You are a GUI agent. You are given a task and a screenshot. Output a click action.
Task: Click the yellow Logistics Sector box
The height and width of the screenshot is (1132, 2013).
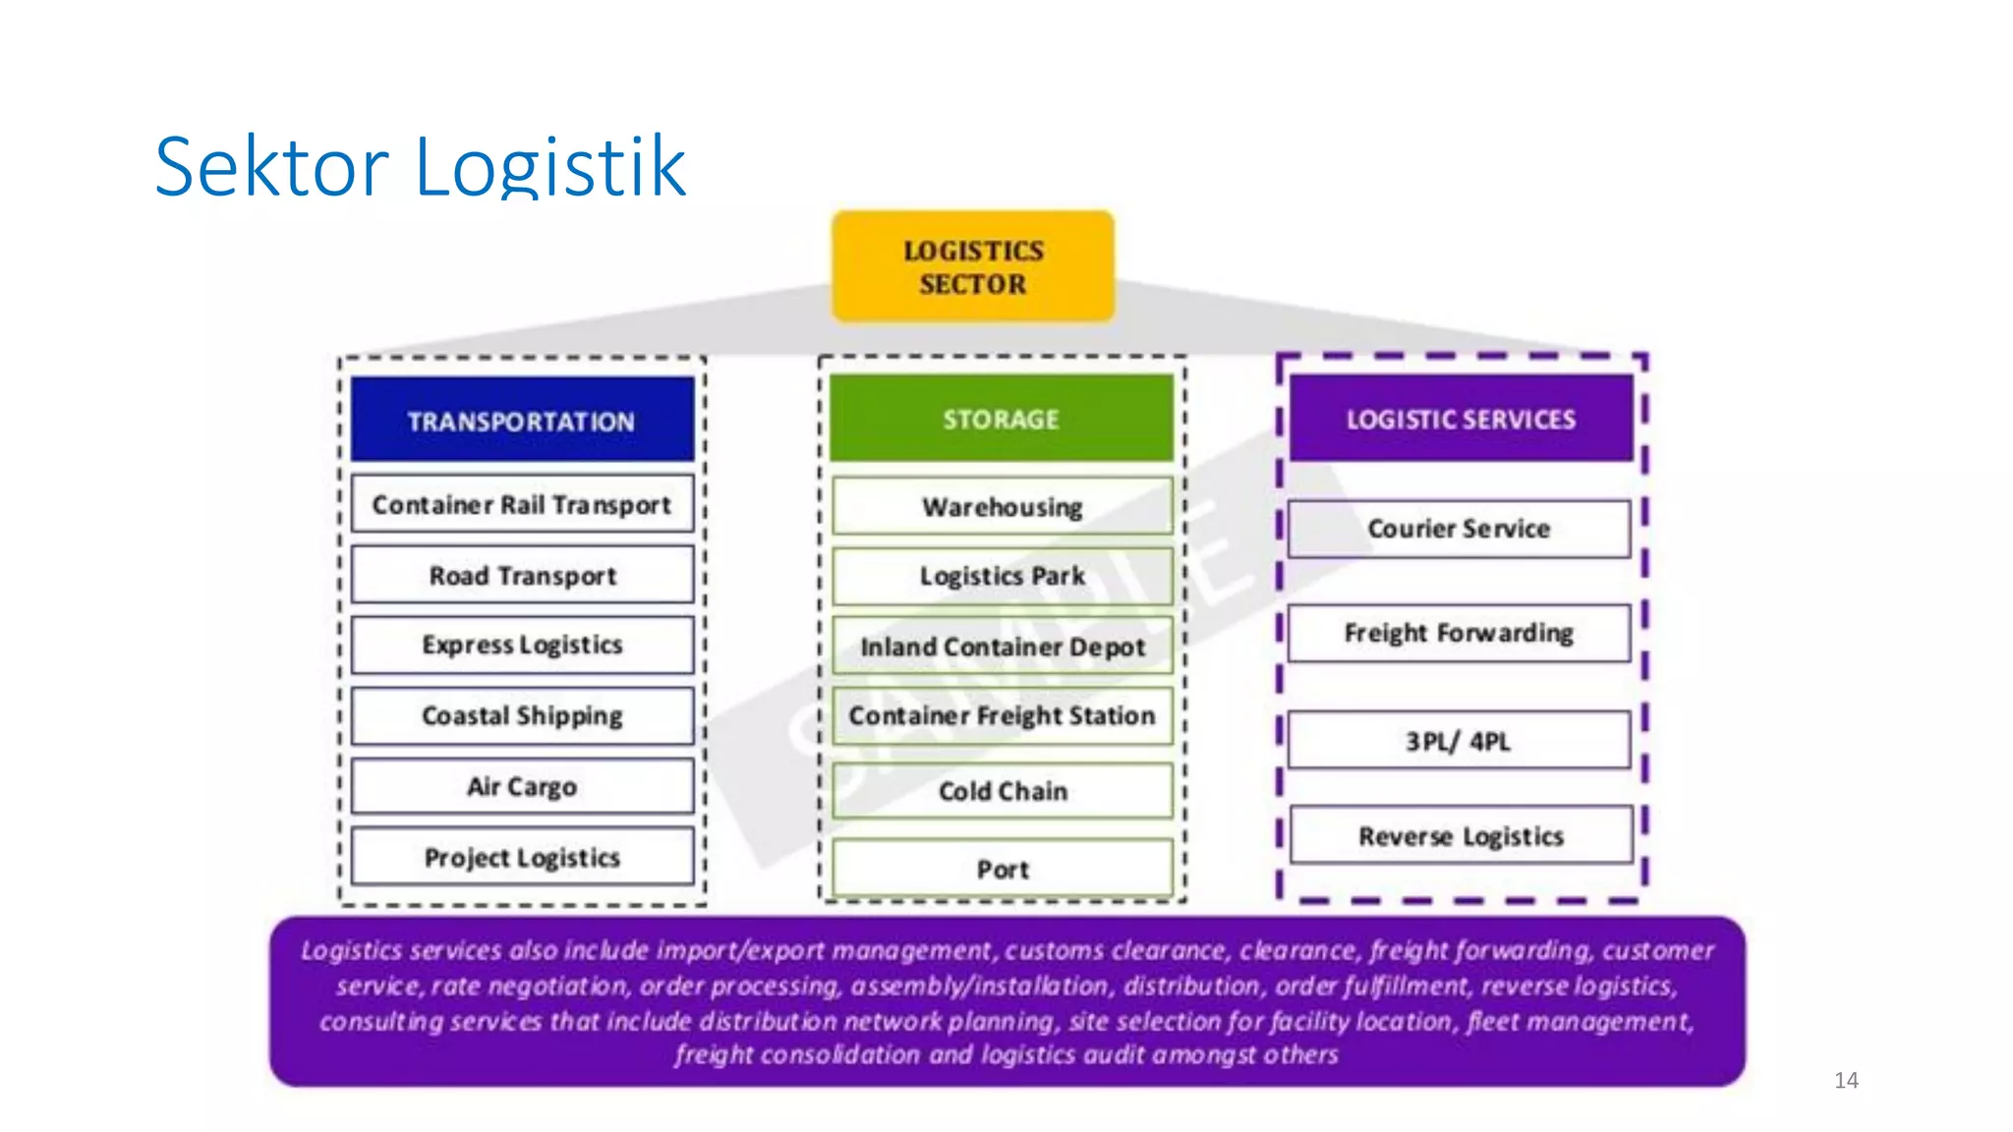click(x=973, y=266)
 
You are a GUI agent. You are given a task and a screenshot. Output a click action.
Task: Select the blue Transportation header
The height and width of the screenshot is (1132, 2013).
click(x=522, y=420)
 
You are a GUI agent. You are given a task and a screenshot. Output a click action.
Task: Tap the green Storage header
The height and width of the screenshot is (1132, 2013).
click(x=1002, y=419)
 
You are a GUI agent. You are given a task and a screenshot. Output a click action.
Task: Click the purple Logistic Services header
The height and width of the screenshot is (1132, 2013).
click(x=1461, y=419)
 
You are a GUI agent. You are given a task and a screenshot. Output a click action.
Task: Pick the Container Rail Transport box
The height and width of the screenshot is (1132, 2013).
click(x=522, y=504)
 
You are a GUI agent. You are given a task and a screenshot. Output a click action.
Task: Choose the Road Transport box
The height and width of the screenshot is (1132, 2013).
click(x=522, y=575)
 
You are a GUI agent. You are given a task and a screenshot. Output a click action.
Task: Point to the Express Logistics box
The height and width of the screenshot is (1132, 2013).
click(x=522, y=645)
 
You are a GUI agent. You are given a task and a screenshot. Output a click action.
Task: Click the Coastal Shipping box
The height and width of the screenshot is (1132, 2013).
click(x=522, y=715)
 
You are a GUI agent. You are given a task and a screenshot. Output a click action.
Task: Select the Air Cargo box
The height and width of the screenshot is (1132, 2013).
click(x=522, y=786)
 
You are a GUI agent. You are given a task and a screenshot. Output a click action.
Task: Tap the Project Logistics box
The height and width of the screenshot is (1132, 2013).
click(x=522, y=857)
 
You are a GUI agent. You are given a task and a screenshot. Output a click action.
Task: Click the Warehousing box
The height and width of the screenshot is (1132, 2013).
click(x=1002, y=507)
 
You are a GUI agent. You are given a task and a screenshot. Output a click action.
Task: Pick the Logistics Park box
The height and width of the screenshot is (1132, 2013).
click(x=1002, y=576)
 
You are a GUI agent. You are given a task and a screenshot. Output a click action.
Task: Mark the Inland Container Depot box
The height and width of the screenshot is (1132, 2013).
click(x=1002, y=647)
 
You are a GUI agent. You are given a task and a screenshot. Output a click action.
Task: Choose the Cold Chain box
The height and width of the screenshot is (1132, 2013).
click(x=1002, y=791)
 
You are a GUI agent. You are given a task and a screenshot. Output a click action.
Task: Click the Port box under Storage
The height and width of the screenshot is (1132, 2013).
click(x=1002, y=869)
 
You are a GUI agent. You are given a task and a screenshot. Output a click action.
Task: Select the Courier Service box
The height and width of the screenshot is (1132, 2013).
click(x=1459, y=529)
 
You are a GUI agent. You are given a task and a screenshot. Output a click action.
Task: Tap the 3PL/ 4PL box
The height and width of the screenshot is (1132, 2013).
click(x=1459, y=741)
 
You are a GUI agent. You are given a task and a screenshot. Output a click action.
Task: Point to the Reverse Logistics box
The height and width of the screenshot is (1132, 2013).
click(x=1461, y=836)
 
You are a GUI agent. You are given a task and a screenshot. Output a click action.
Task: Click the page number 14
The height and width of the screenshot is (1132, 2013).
click(x=1846, y=1080)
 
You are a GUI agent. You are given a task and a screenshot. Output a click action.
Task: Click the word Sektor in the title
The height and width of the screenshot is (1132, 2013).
click(x=271, y=167)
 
